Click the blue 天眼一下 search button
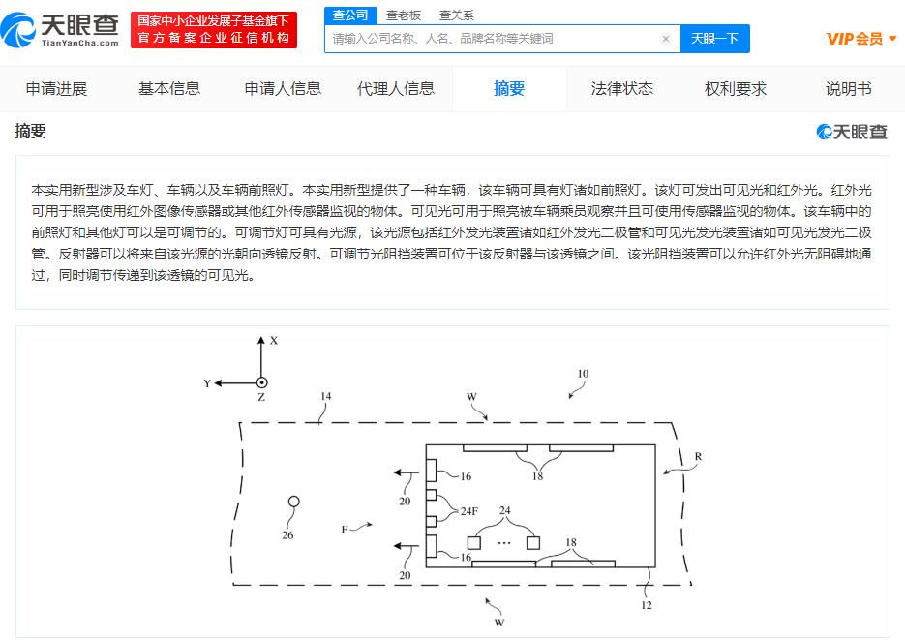(x=715, y=39)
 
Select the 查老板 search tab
(x=404, y=15)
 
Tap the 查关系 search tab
(x=457, y=15)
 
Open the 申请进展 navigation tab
(x=56, y=89)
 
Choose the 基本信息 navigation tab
(x=169, y=89)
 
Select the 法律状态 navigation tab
(x=622, y=89)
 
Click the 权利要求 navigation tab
(x=736, y=89)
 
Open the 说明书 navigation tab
(x=849, y=89)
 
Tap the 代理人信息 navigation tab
(x=396, y=89)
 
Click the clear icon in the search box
(x=666, y=39)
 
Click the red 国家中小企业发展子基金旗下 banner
(x=214, y=30)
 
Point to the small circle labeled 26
(x=294, y=502)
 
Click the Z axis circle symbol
(x=261, y=382)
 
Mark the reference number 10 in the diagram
(x=583, y=374)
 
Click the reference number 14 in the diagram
(x=326, y=396)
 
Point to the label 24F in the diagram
(x=469, y=511)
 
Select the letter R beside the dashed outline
(x=698, y=456)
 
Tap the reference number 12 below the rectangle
(x=647, y=605)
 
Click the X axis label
(x=274, y=341)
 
